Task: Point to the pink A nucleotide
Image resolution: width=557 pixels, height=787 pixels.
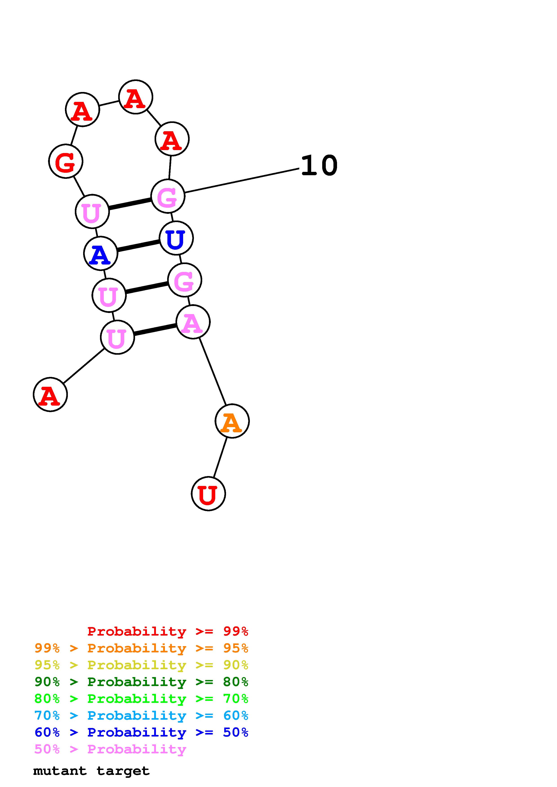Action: [193, 322]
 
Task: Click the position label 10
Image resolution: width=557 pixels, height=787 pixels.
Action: [319, 166]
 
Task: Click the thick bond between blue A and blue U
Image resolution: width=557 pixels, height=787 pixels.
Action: [138, 245]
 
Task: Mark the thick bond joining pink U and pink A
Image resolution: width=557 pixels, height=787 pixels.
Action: [155, 329]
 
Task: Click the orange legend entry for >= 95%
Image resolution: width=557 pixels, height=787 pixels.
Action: [141, 648]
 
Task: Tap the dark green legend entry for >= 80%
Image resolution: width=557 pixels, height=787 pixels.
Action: [141, 682]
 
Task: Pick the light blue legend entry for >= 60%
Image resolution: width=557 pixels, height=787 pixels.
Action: [141, 715]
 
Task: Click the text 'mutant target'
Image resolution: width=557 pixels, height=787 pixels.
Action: [91, 771]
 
